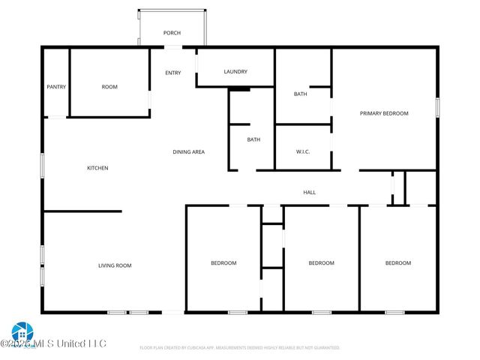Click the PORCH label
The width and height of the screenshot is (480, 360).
point(172,33)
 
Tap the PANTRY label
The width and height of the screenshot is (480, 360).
point(56,87)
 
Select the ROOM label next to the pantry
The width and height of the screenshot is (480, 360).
point(109,87)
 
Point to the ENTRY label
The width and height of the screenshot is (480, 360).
point(173,73)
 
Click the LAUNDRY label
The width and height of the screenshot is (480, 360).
point(235,72)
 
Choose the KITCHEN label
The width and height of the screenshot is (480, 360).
point(97,168)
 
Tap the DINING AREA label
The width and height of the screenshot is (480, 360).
point(189,152)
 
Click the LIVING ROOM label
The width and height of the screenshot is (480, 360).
point(115,265)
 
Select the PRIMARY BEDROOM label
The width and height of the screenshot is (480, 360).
point(384,113)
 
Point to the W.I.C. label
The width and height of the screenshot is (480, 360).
point(303,152)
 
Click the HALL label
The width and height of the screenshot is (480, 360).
point(309,193)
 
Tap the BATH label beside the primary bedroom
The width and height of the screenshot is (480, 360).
point(300,94)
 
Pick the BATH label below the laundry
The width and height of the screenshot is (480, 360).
point(253,139)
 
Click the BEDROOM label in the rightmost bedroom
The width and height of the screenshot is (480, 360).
point(398,263)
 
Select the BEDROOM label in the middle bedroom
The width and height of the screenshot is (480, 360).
point(321,263)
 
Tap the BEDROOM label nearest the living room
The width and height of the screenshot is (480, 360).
point(223,263)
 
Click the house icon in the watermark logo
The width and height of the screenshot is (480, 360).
point(20,331)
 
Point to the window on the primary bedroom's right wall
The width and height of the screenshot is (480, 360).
point(437,106)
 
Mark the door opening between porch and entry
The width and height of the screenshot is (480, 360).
point(173,47)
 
